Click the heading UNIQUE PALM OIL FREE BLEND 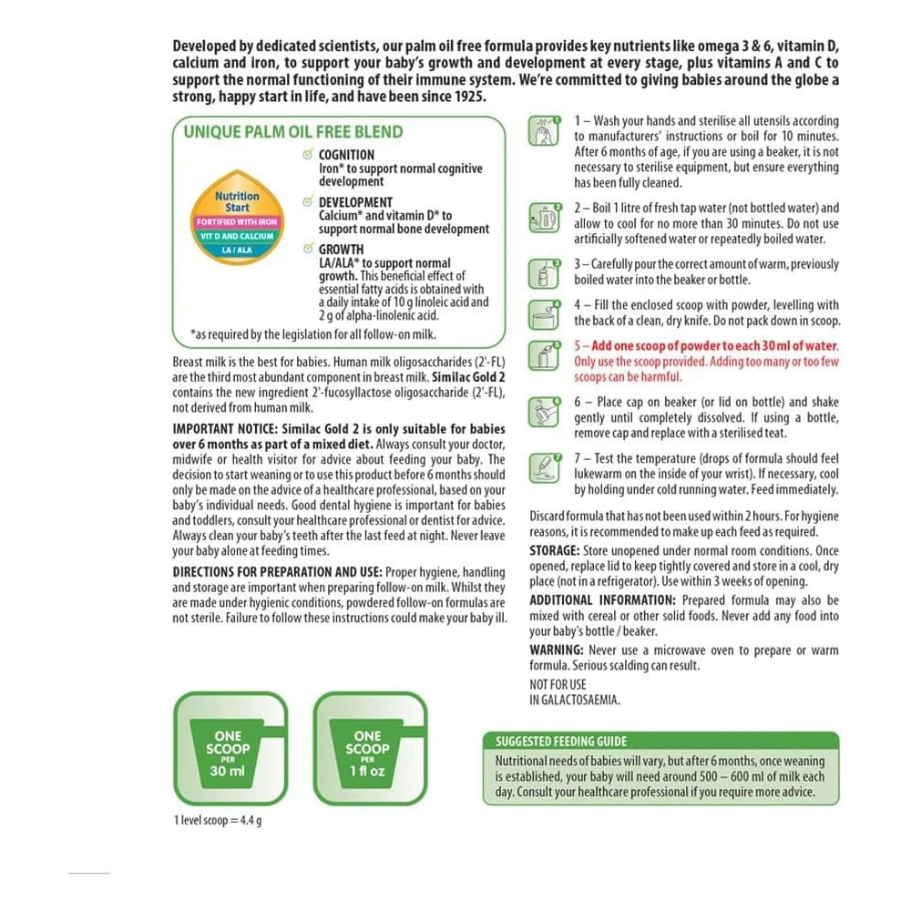pos(292,131)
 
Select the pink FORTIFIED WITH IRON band pos(237,222)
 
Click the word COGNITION pos(346,155)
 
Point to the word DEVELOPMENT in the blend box pos(355,202)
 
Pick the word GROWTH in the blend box pos(341,250)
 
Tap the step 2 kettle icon pos(544,220)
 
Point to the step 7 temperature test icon pos(544,466)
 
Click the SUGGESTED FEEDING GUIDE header pos(561,742)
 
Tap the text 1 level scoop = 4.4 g pos(218,821)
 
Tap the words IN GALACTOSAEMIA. pos(574,700)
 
